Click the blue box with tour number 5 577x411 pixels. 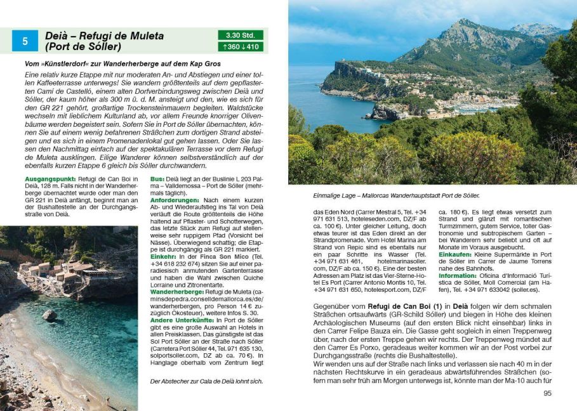[x=25, y=41]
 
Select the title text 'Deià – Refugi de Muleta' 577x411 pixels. [x=105, y=36]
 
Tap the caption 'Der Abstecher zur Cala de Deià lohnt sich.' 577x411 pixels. [x=206, y=381]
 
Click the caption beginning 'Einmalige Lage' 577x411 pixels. [x=397, y=195]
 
